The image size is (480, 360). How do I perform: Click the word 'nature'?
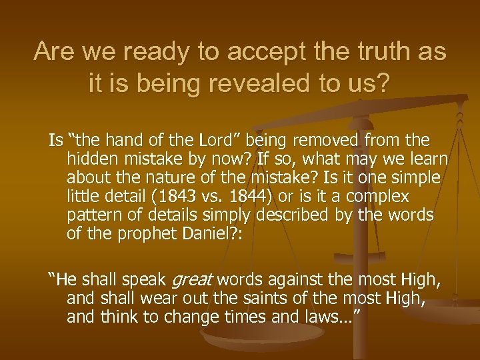[175, 178]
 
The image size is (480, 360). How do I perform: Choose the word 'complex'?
[381, 197]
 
